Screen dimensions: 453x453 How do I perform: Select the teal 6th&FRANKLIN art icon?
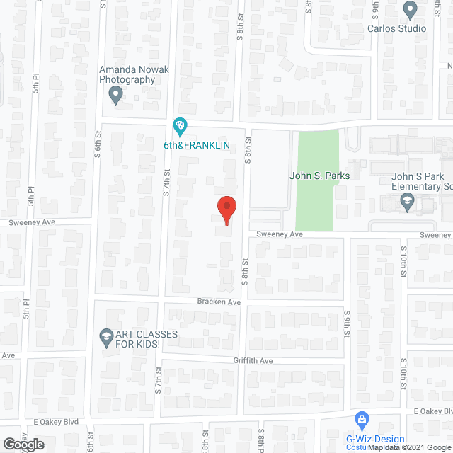pos(180,127)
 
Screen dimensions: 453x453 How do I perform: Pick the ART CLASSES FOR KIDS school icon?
pos(106,334)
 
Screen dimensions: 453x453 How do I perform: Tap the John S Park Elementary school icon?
pos(408,204)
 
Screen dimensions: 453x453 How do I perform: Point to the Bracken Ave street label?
pos(219,302)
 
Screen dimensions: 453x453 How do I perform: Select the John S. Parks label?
pos(320,176)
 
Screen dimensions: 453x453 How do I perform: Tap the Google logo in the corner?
pos(23,445)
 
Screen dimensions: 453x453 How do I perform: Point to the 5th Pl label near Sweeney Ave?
pos(32,195)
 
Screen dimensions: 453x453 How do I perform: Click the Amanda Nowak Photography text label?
pos(127,75)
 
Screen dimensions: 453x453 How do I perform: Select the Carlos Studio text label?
pos(396,28)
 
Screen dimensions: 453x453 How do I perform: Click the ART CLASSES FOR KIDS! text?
pos(139,339)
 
